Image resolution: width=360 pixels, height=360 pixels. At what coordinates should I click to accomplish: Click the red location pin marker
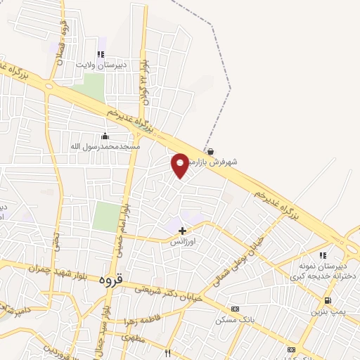pos(181,165)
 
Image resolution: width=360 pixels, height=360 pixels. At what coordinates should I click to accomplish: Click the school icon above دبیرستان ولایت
pos(101,54)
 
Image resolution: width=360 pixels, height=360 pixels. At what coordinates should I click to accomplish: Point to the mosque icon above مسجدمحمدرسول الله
pos(105,136)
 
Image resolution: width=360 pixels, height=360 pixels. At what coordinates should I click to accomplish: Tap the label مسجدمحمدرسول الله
pos(105,146)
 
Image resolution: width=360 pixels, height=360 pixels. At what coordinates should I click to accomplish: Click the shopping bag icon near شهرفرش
pos(210,151)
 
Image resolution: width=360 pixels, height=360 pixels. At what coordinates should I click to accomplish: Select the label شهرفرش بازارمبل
pos(211,161)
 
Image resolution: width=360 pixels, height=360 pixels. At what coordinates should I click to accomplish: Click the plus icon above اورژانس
pos(182,231)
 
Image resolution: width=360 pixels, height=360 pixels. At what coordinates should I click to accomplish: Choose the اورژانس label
pos(182,241)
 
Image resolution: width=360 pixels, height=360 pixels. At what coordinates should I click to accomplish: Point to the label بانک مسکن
pos(235,319)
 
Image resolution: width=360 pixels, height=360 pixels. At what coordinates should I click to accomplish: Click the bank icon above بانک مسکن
pos(235,309)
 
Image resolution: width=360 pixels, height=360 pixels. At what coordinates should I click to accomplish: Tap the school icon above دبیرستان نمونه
pos(323,255)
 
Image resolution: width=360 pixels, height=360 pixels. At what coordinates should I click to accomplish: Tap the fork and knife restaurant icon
pos(167,353)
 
